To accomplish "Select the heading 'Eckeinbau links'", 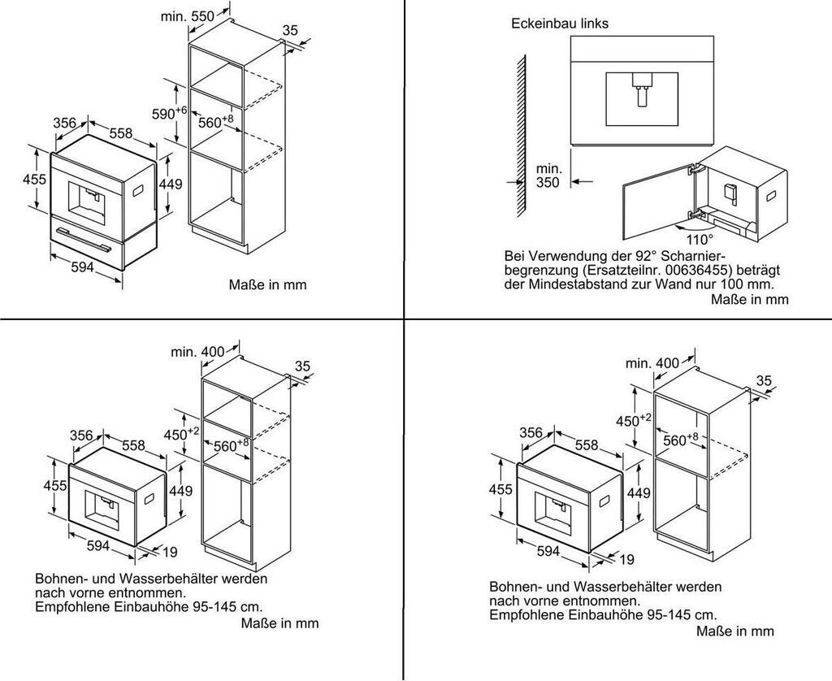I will (x=560, y=24).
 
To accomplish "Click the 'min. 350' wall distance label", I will (x=548, y=176).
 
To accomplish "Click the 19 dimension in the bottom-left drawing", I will (x=169, y=553).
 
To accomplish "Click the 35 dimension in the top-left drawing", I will (x=290, y=30).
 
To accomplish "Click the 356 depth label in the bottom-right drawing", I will (x=531, y=433).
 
